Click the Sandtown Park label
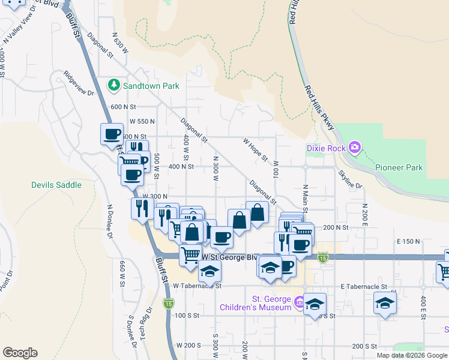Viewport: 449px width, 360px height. tap(151, 86)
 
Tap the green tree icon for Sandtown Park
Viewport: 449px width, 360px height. tap(113, 85)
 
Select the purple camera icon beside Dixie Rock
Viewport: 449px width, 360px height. tap(355, 146)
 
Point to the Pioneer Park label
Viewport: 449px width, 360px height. tap(400, 168)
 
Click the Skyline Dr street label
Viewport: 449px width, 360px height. tap(351, 179)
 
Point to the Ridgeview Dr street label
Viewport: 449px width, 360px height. tap(79, 84)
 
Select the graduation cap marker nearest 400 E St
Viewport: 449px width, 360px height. tap(385, 304)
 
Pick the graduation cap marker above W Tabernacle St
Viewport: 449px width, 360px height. tap(209, 271)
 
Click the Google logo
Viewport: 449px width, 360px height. tap(20, 353)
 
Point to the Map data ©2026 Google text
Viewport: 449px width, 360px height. tap(411, 355)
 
